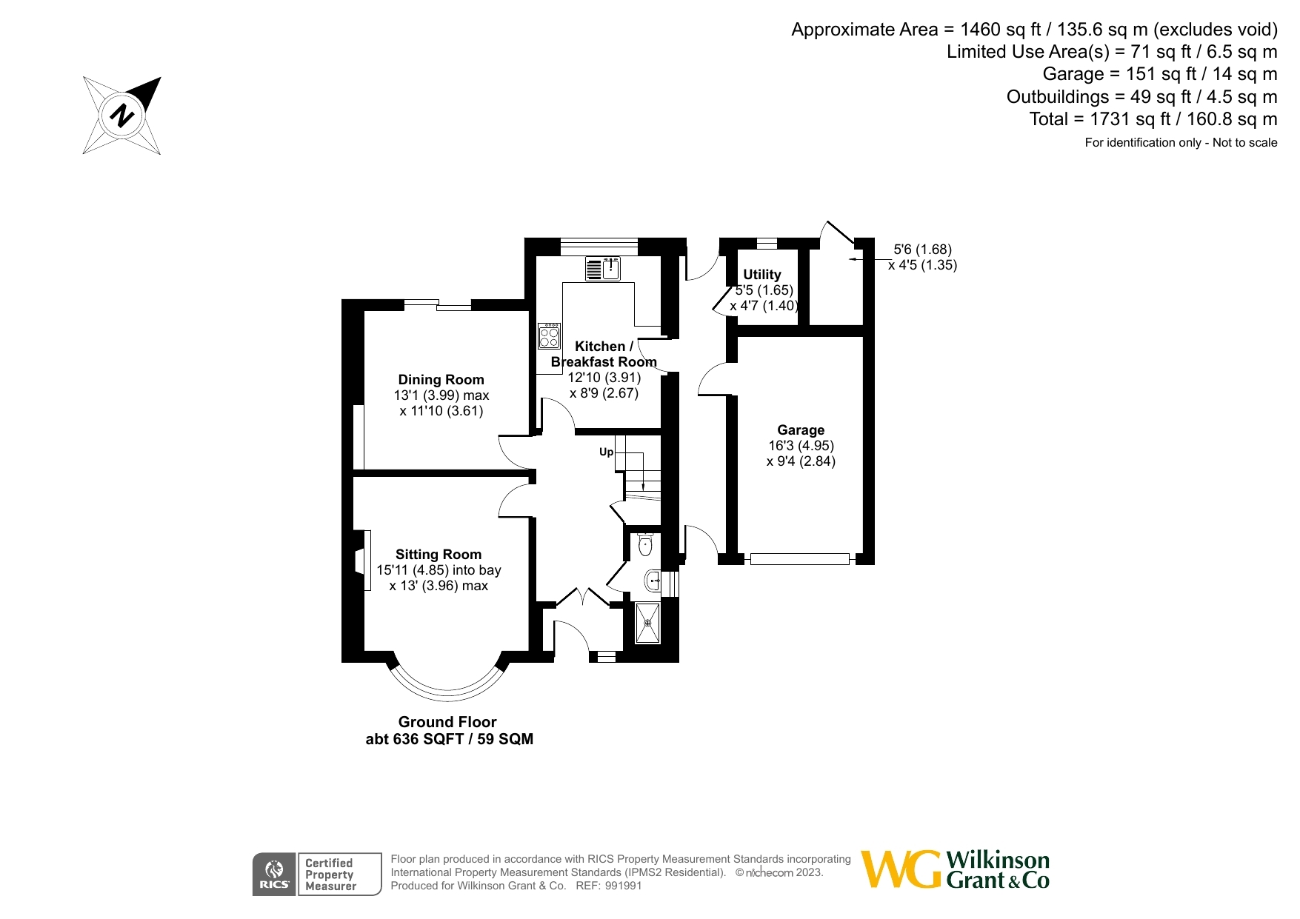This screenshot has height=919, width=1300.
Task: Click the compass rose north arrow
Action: (121, 116)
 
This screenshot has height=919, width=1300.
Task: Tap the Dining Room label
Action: (441, 380)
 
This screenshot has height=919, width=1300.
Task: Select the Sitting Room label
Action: (438, 555)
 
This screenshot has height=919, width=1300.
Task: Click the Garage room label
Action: (800, 430)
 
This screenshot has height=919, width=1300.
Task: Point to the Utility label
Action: (761, 275)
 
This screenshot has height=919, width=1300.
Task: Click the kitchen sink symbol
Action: (603, 269)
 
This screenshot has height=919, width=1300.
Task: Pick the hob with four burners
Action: (549, 336)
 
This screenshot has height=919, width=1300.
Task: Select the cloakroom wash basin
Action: (653, 580)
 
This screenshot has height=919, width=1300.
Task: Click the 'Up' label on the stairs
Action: (606, 452)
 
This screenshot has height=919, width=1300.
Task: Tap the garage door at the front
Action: (799, 559)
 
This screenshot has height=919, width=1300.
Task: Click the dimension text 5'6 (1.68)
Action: (922, 250)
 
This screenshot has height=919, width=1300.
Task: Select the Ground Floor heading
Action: (447, 722)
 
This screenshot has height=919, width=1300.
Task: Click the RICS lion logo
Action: (274, 874)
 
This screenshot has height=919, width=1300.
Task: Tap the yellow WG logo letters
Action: (901, 869)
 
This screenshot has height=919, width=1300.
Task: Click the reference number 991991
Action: (623, 886)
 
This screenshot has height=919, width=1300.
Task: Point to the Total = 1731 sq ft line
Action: (1153, 119)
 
